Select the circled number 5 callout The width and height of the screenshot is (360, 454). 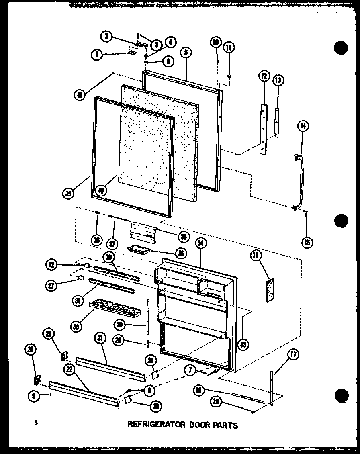pos(186,52)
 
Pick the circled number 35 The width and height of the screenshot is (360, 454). pos(184,237)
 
